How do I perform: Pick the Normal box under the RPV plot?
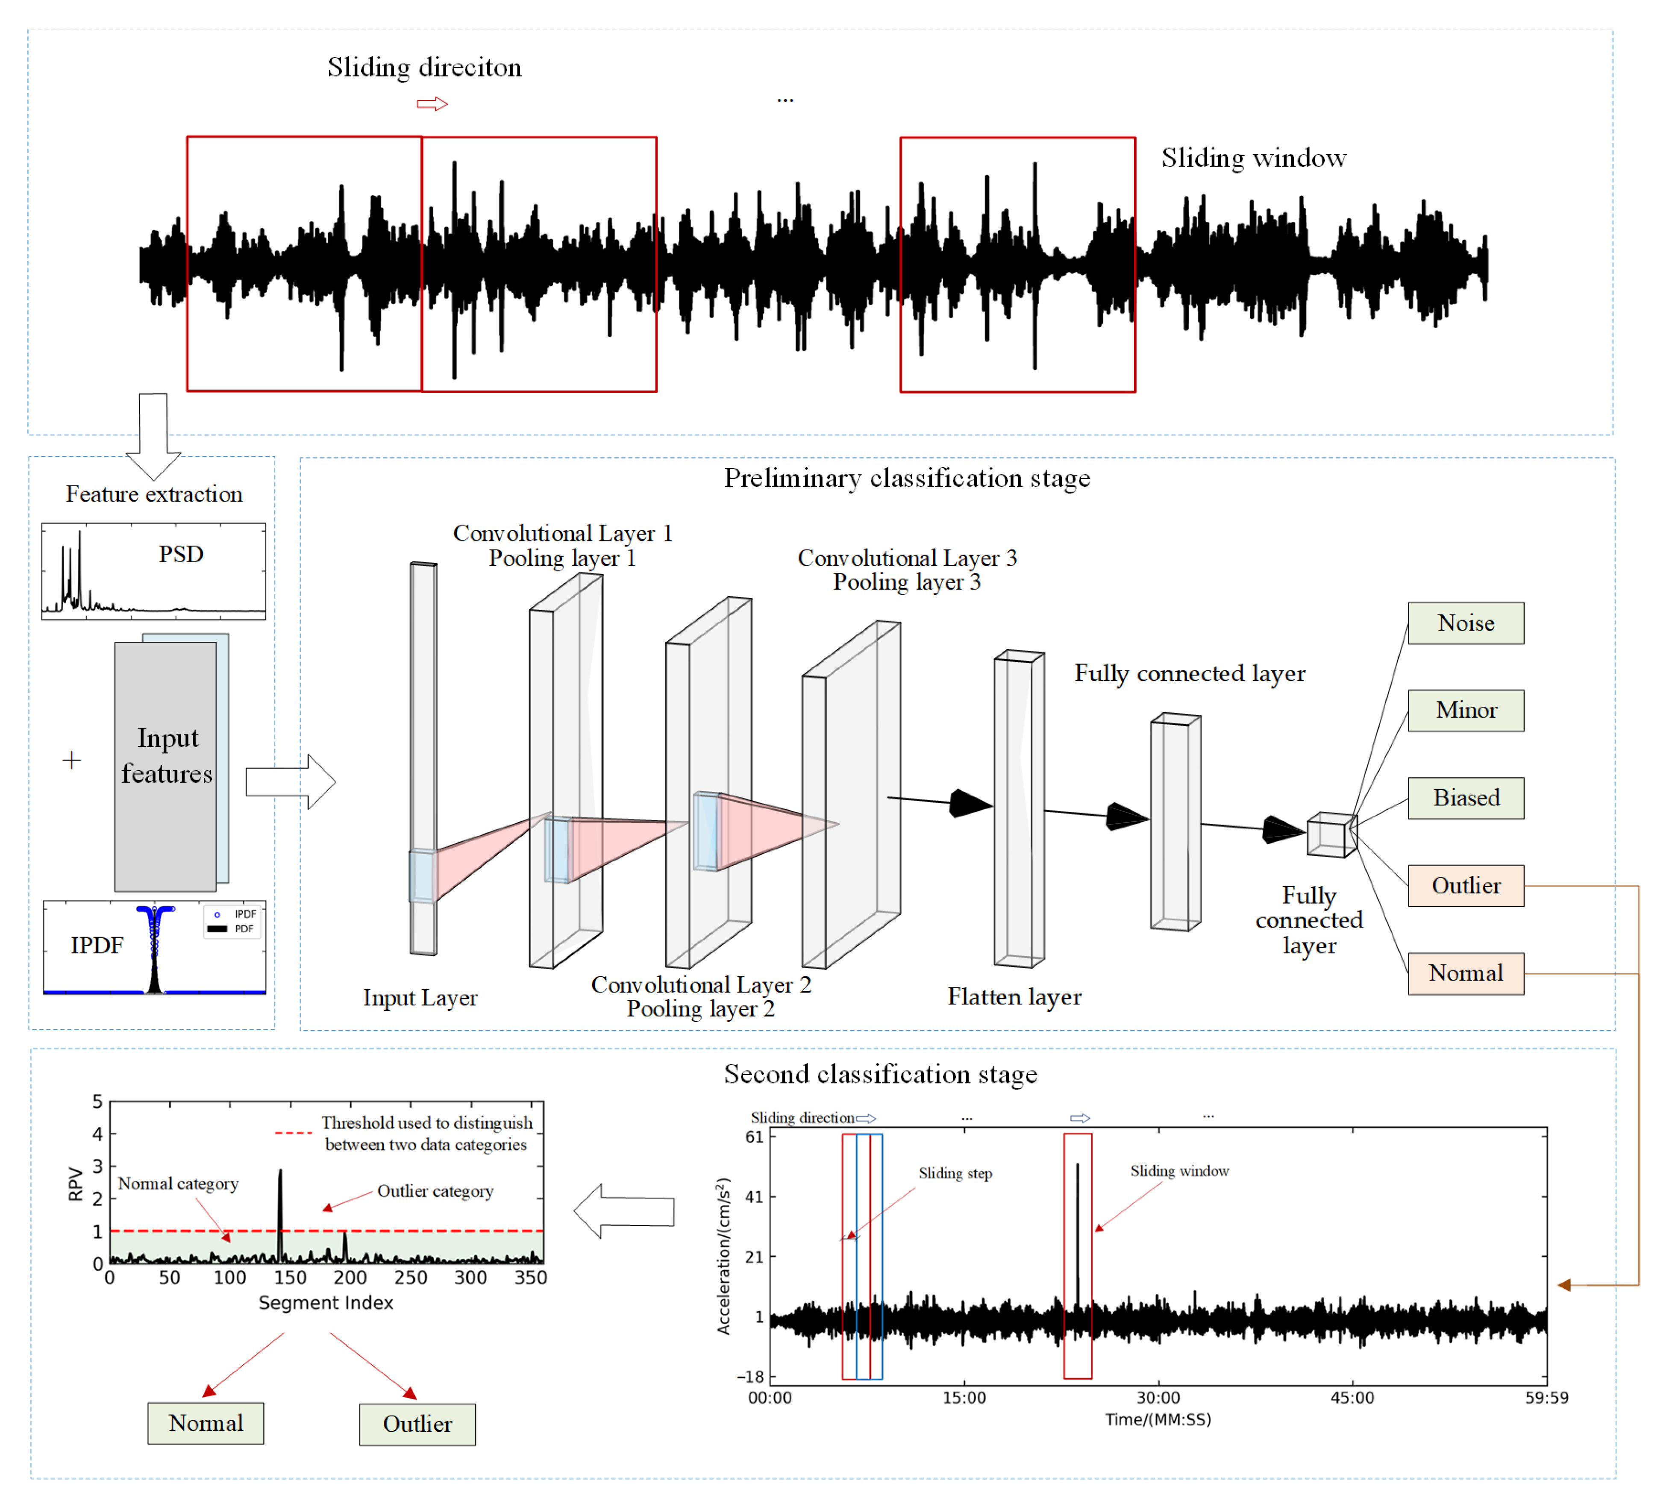click(206, 1424)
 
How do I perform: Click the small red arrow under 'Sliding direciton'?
click(431, 104)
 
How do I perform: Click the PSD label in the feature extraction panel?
click(181, 554)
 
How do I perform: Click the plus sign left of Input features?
click(72, 760)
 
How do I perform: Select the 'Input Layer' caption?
click(420, 998)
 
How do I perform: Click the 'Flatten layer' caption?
click(1014, 997)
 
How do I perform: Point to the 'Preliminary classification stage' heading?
click(906, 479)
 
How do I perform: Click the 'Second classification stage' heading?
click(880, 1074)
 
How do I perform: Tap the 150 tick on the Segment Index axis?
click(289, 1278)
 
